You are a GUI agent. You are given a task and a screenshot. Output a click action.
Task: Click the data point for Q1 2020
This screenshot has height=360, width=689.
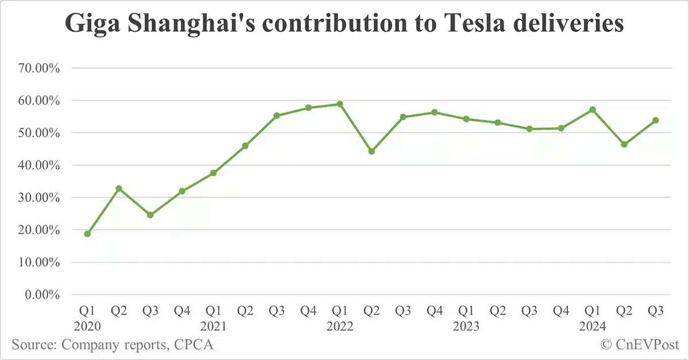[x=87, y=234]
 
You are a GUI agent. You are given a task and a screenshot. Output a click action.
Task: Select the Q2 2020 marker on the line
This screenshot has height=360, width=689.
[x=119, y=188]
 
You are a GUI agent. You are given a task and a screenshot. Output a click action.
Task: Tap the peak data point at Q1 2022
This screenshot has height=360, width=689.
[x=340, y=104]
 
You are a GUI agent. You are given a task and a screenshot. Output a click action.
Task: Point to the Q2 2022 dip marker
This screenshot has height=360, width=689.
[x=371, y=152]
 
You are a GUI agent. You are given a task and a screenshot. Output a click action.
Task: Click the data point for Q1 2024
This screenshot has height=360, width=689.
[x=593, y=110]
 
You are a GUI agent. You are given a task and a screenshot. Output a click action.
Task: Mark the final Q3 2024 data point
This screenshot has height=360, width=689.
[x=656, y=121]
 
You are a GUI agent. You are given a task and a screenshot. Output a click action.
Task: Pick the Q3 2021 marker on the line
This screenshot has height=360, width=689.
[x=277, y=115]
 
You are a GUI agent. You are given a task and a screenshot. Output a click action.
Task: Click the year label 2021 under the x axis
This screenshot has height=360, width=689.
[x=214, y=326]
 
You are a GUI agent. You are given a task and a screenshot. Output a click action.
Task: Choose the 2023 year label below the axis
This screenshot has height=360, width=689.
[x=466, y=326]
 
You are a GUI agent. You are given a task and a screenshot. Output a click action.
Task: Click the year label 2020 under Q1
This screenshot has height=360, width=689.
[x=87, y=326]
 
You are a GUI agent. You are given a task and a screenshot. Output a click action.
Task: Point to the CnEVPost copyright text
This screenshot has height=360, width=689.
[x=640, y=344]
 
